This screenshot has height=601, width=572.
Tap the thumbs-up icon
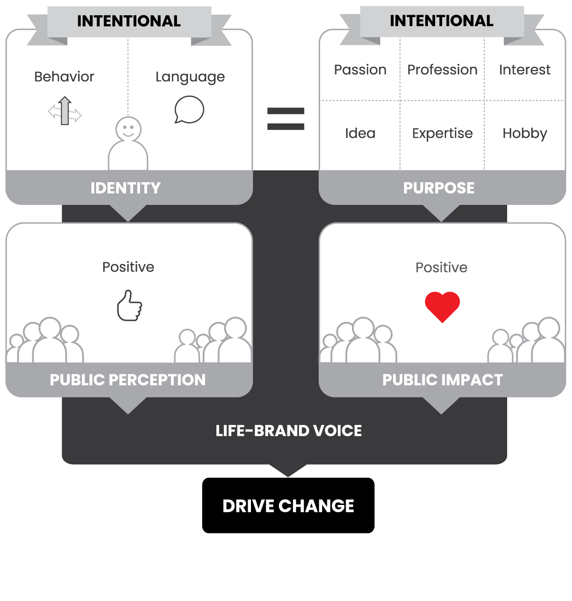(x=130, y=306)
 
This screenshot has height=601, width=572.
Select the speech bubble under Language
(x=189, y=110)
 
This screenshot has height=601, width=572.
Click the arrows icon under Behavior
(x=65, y=112)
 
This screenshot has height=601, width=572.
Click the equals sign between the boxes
(x=286, y=119)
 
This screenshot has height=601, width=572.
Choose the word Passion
(x=360, y=70)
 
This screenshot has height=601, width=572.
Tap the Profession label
(x=442, y=70)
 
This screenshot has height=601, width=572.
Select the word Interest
(x=525, y=70)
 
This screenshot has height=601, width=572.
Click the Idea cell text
(x=360, y=133)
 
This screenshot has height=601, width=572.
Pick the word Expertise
(x=442, y=134)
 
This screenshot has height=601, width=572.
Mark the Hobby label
(x=525, y=134)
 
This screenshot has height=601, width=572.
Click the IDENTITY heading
(x=125, y=188)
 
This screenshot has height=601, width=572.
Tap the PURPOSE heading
(x=439, y=188)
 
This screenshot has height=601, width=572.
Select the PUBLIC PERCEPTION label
(x=128, y=380)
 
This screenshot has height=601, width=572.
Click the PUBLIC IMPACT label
(x=442, y=380)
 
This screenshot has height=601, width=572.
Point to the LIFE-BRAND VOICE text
(x=288, y=431)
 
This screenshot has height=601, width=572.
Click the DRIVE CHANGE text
(x=288, y=506)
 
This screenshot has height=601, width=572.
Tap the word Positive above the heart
(x=441, y=268)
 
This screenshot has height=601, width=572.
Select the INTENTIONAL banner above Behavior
(x=129, y=21)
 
